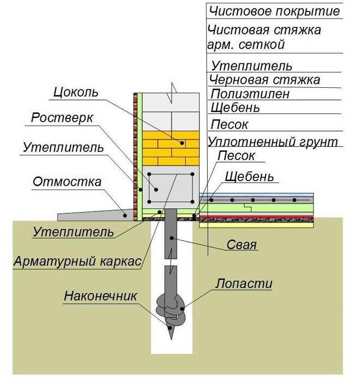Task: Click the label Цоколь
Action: click(x=76, y=92)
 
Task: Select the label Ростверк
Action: click(x=62, y=117)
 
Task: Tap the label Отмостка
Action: click(x=67, y=182)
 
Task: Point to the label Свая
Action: click(x=241, y=245)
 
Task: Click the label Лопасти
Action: click(x=244, y=284)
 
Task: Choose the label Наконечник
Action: click(x=100, y=296)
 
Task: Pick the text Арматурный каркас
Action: click(x=77, y=261)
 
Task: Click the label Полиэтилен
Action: click(x=250, y=94)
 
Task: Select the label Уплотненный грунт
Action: click(x=273, y=142)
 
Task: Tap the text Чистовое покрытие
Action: click(x=274, y=11)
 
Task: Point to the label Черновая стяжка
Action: click(x=265, y=80)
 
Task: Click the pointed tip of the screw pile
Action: click(x=171, y=339)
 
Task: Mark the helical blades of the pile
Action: click(x=171, y=308)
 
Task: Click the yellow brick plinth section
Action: click(x=171, y=148)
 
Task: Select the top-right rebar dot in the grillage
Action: click(x=192, y=175)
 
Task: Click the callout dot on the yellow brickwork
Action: click(x=182, y=143)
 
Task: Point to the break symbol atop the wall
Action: click(x=173, y=93)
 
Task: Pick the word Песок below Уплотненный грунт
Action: click(x=236, y=156)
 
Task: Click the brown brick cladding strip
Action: click(x=135, y=157)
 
